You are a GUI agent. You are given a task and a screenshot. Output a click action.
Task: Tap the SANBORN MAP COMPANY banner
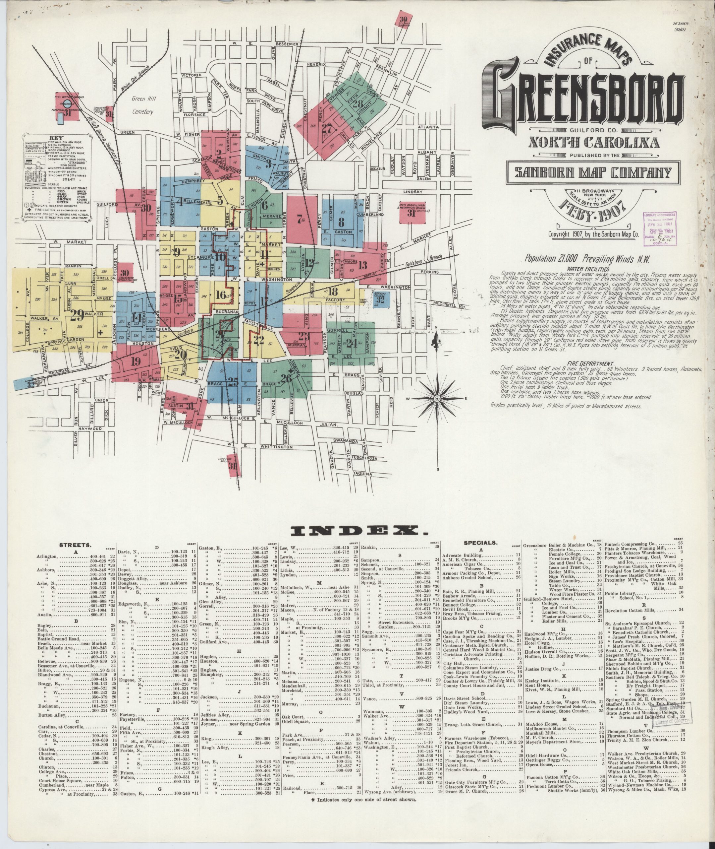588,173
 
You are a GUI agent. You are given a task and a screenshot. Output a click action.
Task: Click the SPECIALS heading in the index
480,542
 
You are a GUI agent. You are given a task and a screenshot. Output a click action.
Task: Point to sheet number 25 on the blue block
232,381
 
